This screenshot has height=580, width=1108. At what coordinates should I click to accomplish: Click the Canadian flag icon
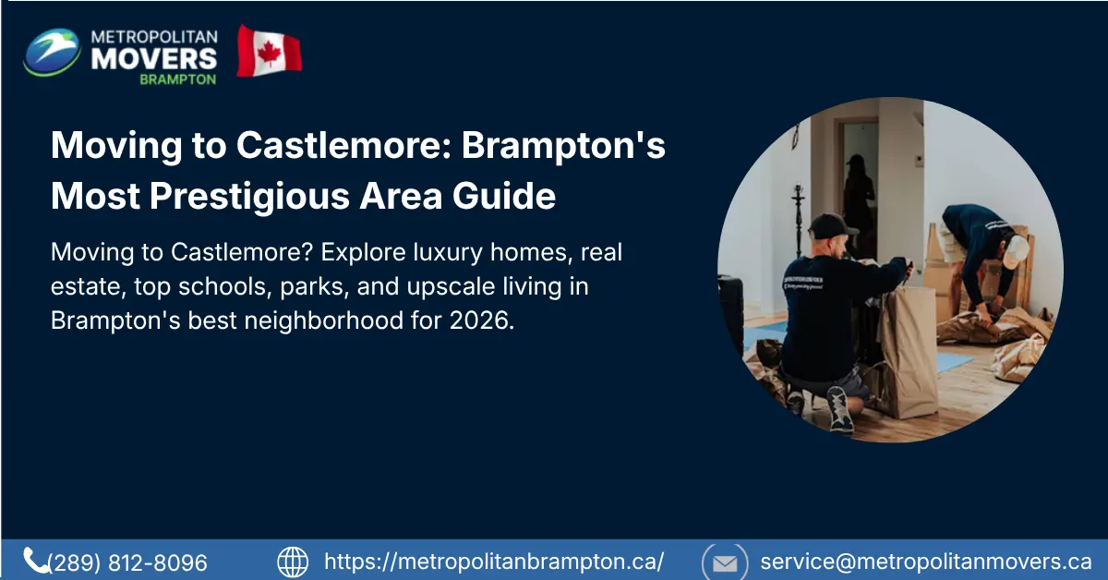coord(269,51)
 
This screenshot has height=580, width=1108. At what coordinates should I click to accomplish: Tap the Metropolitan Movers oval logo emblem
coord(52,52)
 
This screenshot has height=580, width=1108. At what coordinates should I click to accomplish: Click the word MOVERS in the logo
coord(155,58)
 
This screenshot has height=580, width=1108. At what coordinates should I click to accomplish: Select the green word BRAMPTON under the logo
coord(177,79)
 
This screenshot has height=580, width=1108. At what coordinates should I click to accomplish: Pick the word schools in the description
coord(244,288)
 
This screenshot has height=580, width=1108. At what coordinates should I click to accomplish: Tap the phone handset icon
coord(36,561)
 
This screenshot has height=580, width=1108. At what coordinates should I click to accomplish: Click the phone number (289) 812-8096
coord(127,562)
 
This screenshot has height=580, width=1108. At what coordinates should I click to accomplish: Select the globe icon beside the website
coord(293,562)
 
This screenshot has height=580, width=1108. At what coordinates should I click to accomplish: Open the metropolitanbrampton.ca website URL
coord(494,562)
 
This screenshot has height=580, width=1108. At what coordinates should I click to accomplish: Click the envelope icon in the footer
coord(726,562)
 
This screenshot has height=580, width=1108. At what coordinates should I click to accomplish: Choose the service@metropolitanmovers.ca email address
coord(926,562)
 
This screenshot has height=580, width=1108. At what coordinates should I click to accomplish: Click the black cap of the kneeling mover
coord(831,224)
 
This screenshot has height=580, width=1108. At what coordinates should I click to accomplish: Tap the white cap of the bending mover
coord(1017,249)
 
